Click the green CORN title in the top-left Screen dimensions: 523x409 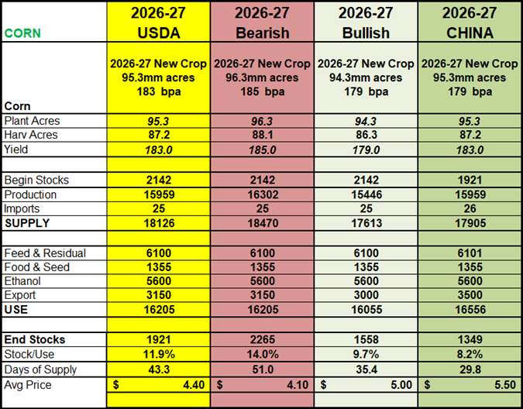click(22, 33)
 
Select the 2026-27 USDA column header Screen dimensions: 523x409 click(158, 22)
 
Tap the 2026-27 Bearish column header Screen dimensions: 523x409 click(262, 22)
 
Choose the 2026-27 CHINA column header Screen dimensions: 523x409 click(470, 22)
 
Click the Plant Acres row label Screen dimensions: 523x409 click(32, 121)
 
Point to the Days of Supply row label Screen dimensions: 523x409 click(40, 369)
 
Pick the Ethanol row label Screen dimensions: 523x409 click(22, 281)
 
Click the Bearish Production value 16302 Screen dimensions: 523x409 click(263, 194)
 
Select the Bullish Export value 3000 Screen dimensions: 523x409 click(366, 295)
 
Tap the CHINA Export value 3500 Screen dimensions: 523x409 click(470, 295)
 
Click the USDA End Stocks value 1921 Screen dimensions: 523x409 click(159, 339)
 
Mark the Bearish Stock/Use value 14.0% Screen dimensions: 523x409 click(263, 354)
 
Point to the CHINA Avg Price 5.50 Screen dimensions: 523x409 click(505, 385)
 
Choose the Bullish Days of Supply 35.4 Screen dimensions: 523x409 click(366, 369)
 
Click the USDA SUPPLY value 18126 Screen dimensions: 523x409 click(159, 223)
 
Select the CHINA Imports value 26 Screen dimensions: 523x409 click(470, 208)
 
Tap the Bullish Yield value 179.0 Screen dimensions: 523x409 click(366, 150)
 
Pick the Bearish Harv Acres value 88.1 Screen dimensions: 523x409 click(263, 135)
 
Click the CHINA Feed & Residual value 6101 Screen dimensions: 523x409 click(470, 253)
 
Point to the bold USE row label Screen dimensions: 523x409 click(16, 310)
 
